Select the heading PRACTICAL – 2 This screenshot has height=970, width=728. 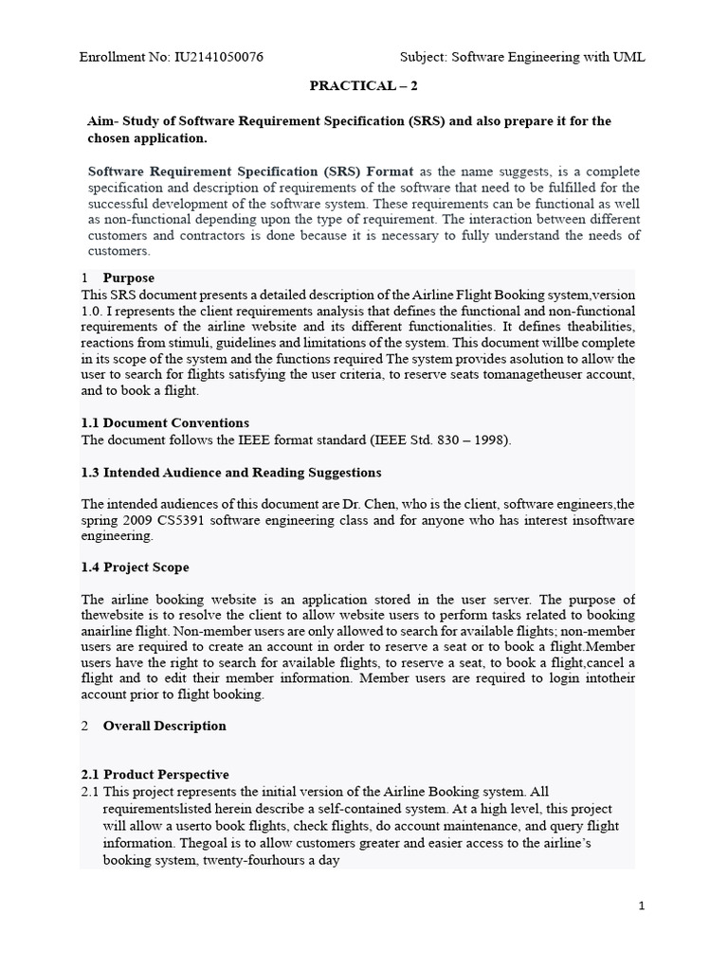pos(363,85)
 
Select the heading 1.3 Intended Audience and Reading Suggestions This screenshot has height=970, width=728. pos(231,472)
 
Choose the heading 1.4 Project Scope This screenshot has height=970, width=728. pos(136,567)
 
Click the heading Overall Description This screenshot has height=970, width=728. pos(164,726)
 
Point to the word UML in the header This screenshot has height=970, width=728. pos(628,57)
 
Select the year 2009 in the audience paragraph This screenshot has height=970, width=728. pos(136,520)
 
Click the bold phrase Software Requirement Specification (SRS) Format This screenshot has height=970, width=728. pos(251,171)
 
